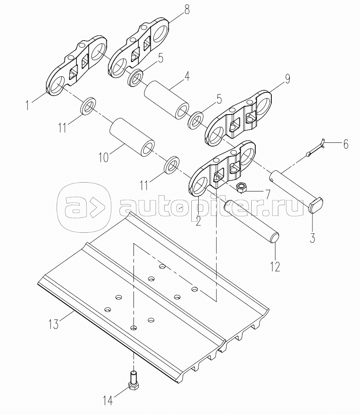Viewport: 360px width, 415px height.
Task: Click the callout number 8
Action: (x=187, y=10)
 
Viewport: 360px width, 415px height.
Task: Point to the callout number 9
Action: (x=287, y=79)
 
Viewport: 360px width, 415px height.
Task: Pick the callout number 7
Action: (x=268, y=193)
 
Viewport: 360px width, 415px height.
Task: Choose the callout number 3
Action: (x=312, y=238)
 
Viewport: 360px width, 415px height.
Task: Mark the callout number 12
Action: (x=275, y=266)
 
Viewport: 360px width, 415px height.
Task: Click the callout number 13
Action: (x=53, y=323)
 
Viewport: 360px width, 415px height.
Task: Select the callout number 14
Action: (x=107, y=399)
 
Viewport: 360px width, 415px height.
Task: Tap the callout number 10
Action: (x=103, y=157)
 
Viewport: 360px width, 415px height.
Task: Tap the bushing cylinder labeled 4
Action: (x=166, y=100)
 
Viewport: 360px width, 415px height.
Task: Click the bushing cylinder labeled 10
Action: (x=132, y=137)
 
